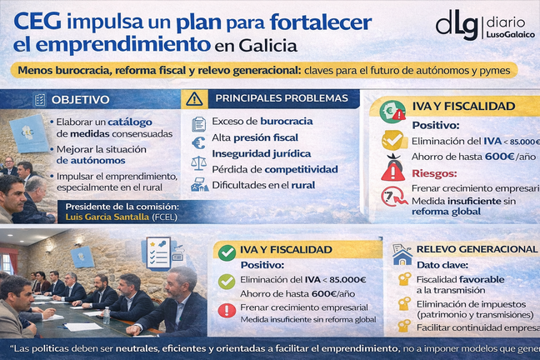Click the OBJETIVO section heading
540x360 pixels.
tap(80, 100)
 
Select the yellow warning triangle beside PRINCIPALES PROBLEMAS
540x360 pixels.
tap(194, 99)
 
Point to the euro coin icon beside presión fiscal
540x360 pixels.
tap(198, 142)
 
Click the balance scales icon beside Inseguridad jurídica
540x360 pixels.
tap(198, 162)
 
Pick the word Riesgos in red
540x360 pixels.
tap(433, 173)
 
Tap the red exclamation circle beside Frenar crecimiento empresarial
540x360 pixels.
tap(225, 311)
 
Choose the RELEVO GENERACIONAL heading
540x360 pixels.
tap(476, 249)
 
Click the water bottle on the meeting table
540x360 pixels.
tap(106, 315)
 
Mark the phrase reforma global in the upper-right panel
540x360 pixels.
tap(447, 211)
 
